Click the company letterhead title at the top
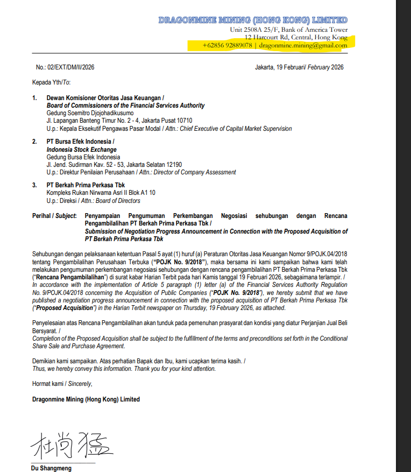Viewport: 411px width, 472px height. (x=253, y=20)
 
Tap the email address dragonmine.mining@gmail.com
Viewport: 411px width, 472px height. (x=303, y=46)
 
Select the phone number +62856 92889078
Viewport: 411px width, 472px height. (x=227, y=46)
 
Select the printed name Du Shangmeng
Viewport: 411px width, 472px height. (x=51, y=468)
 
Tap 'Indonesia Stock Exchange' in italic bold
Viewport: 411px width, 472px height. (x=81, y=150)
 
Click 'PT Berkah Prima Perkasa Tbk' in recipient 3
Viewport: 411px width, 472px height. (x=86, y=185)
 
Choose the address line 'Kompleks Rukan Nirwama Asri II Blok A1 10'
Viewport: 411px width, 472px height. (x=101, y=193)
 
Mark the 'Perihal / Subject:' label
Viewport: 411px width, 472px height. (x=54, y=216)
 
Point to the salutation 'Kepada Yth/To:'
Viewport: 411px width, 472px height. (x=51, y=82)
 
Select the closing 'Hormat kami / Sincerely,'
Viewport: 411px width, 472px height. (x=62, y=384)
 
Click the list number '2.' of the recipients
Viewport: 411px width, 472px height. (x=34, y=142)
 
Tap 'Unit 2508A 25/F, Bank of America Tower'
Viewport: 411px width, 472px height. (x=288, y=30)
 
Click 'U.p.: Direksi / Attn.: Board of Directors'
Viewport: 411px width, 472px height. (x=93, y=201)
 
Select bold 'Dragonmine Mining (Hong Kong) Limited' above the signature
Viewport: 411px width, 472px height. (x=86, y=399)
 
